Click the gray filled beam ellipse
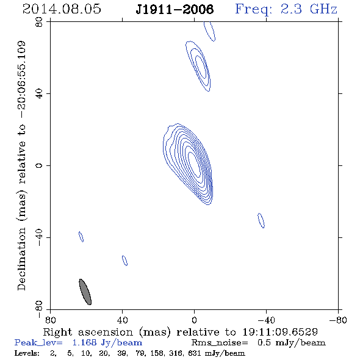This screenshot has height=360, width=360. pos(85,292)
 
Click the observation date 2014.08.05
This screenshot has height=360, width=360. pos(62,9)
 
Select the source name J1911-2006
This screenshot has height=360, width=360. pos(175,9)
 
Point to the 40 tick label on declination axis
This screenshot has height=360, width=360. pos(39,94)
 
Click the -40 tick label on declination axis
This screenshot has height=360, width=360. pos(39,237)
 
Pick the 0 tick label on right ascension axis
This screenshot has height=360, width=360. pos(194,320)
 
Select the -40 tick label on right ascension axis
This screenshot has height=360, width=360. pos(266,320)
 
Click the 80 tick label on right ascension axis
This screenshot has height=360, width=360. pos(50,320)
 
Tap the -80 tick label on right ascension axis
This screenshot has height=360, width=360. pos(338,320)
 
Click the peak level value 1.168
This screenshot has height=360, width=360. pos(84,342)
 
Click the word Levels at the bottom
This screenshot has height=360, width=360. pos(27,353)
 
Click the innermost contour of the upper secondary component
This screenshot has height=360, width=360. pos(196,67)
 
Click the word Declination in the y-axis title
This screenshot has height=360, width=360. pos(21,259)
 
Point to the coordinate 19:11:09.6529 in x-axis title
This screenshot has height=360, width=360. pos(280,332)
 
